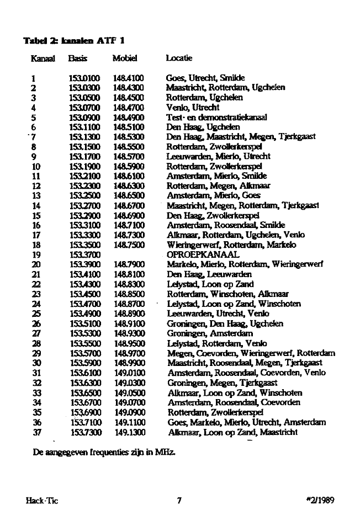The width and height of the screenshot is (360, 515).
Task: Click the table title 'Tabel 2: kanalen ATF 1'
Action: pyautogui.click(x=70, y=41)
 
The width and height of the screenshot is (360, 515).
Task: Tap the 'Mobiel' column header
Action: pyautogui.click(x=124, y=58)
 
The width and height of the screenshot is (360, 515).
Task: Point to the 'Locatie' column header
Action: pyautogui.click(x=179, y=58)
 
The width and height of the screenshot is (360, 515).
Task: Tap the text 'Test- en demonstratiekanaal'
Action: pyautogui.click(x=216, y=118)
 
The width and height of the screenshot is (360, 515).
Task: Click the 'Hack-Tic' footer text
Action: pyautogui.click(x=42, y=501)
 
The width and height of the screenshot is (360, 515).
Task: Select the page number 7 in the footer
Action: pyautogui.click(x=179, y=501)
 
